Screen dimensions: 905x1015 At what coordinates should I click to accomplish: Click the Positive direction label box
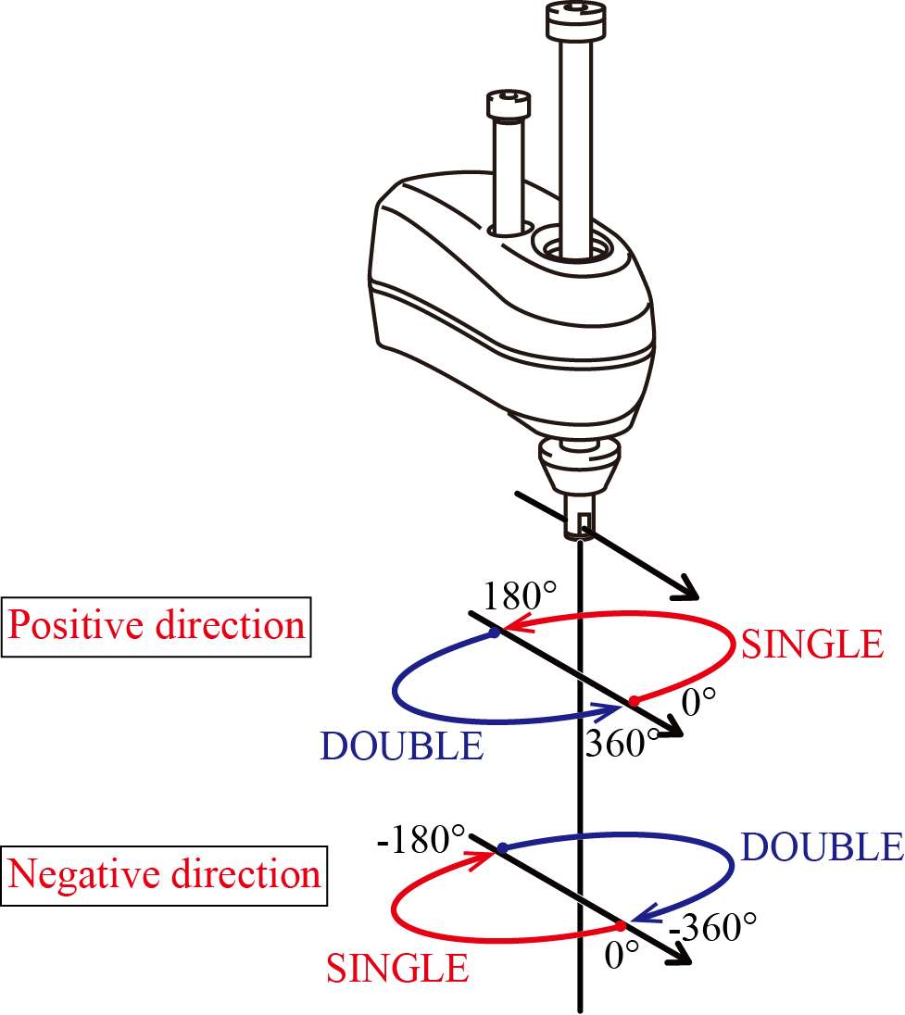point(156,627)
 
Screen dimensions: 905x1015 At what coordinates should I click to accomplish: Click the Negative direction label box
point(164,875)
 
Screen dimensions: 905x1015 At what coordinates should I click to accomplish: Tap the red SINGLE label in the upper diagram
point(811,644)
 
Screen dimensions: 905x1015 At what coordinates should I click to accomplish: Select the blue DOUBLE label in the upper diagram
point(402,746)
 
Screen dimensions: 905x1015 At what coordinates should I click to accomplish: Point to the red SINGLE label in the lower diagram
point(397,969)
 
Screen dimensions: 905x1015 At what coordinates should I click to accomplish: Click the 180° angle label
point(520,596)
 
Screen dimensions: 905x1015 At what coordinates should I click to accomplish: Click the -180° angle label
point(421,840)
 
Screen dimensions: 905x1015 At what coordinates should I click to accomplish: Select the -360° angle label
point(712,928)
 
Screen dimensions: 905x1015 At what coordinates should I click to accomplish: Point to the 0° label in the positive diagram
point(698,702)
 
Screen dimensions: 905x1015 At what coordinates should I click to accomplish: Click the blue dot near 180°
point(495,633)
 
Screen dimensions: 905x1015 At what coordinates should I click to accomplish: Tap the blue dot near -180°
point(502,848)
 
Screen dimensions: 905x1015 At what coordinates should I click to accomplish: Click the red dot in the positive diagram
point(635,701)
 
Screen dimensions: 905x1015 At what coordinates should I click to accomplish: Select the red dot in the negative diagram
point(621,926)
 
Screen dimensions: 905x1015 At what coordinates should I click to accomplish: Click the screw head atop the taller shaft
point(576,20)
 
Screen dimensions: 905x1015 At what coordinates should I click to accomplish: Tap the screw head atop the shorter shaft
point(509,105)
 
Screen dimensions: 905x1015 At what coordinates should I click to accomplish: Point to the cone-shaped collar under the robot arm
point(579,467)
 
